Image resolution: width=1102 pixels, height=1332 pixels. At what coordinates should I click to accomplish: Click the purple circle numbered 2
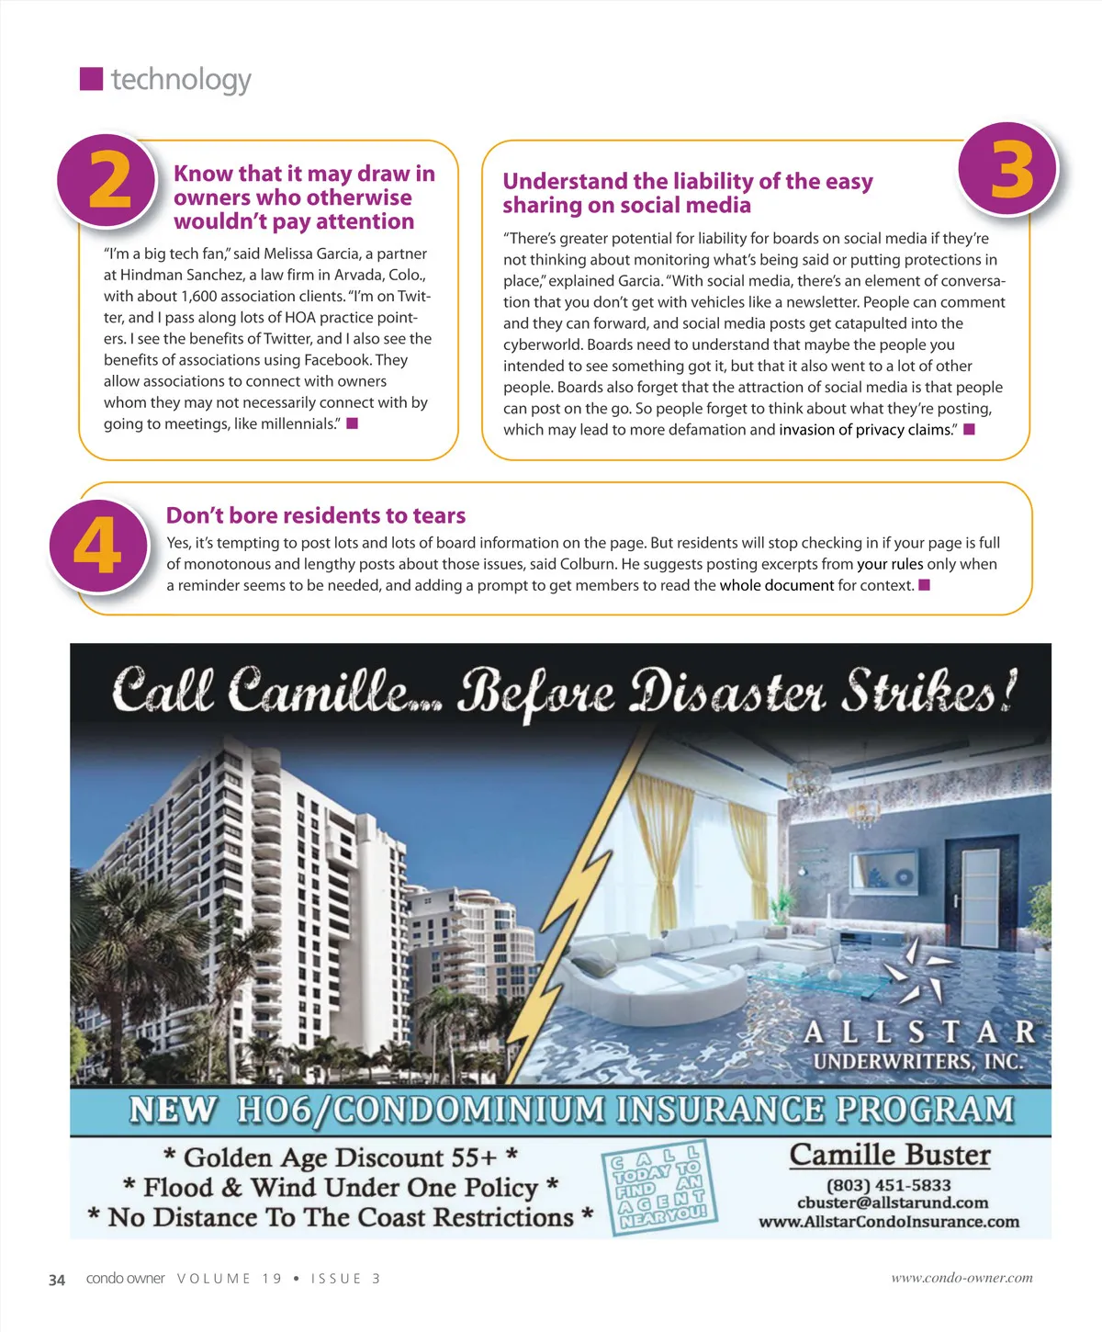pos(107,180)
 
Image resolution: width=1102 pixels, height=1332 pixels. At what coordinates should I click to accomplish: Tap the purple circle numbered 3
pos(1008,170)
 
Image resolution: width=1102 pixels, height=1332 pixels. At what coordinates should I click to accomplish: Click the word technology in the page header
pos(181,80)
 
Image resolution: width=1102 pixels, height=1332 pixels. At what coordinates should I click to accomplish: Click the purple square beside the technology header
pos(91,79)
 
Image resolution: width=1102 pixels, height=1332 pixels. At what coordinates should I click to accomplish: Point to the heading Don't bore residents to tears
pos(316,515)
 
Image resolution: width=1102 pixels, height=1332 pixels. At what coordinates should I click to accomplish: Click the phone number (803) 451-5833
pos(889,1185)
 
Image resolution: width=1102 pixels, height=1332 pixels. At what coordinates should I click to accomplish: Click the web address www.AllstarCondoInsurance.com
pos(889,1222)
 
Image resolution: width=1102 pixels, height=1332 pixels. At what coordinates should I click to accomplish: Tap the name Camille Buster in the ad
pos(890,1155)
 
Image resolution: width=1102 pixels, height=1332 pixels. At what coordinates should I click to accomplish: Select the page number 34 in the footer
pos(57,1280)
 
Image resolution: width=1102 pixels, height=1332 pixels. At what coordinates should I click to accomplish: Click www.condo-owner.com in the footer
pos(961,1278)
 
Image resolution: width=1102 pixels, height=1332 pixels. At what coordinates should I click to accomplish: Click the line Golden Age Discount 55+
pos(341,1157)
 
